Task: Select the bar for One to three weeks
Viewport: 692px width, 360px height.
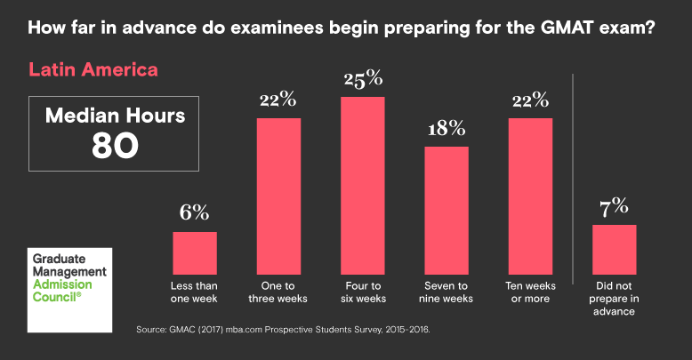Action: click(x=278, y=196)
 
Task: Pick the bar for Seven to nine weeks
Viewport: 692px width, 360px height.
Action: click(x=446, y=210)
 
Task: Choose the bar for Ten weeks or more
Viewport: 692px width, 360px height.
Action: click(x=530, y=196)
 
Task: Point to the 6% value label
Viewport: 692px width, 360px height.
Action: click(x=195, y=213)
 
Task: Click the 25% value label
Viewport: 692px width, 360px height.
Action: click(x=362, y=79)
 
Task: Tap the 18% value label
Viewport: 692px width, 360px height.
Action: click(x=446, y=129)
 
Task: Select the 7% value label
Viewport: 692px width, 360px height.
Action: click(x=615, y=207)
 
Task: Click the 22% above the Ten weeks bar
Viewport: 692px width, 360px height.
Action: click(x=530, y=100)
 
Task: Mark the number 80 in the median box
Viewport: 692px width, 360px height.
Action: click(x=115, y=146)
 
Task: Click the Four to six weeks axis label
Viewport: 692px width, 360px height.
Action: click(x=362, y=292)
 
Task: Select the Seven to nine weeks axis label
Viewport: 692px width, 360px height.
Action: click(x=446, y=292)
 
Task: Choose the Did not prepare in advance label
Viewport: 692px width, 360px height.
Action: click(x=615, y=299)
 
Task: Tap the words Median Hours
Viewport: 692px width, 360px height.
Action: click(x=115, y=115)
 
